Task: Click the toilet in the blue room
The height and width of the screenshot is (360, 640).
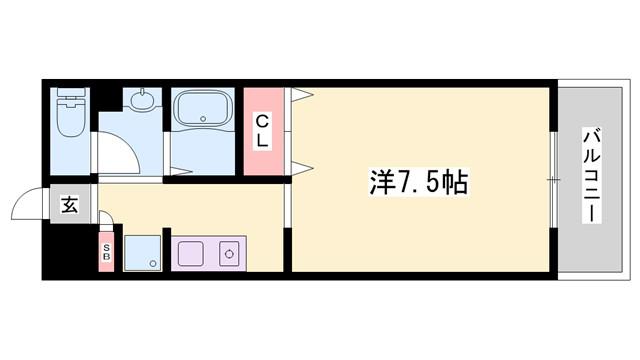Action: [x=71, y=112]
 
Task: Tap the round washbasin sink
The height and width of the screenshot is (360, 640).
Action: [x=143, y=99]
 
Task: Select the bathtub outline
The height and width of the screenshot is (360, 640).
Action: [x=202, y=108]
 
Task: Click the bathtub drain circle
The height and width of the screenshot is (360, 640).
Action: [x=203, y=119]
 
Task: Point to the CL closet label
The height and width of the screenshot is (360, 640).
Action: [x=262, y=131]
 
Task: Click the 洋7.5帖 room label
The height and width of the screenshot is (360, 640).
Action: [x=419, y=182]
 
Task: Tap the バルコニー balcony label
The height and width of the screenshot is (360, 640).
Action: [x=591, y=175]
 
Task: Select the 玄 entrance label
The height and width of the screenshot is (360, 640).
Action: [x=69, y=204]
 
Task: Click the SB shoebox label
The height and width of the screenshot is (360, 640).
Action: [x=106, y=252]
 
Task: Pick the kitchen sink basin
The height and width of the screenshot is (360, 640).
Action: [x=190, y=253]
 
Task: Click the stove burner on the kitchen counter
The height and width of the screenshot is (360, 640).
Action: [x=229, y=254]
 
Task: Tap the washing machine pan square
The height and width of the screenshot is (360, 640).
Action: [x=142, y=253]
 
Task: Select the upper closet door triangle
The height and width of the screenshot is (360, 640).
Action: [x=302, y=95]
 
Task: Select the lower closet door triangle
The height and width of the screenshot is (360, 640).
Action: [x=302, y=168]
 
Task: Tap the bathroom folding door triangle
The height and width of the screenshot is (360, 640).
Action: [x=180, y=171]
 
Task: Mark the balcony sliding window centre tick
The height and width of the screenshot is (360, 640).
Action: [x=554, y=179]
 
